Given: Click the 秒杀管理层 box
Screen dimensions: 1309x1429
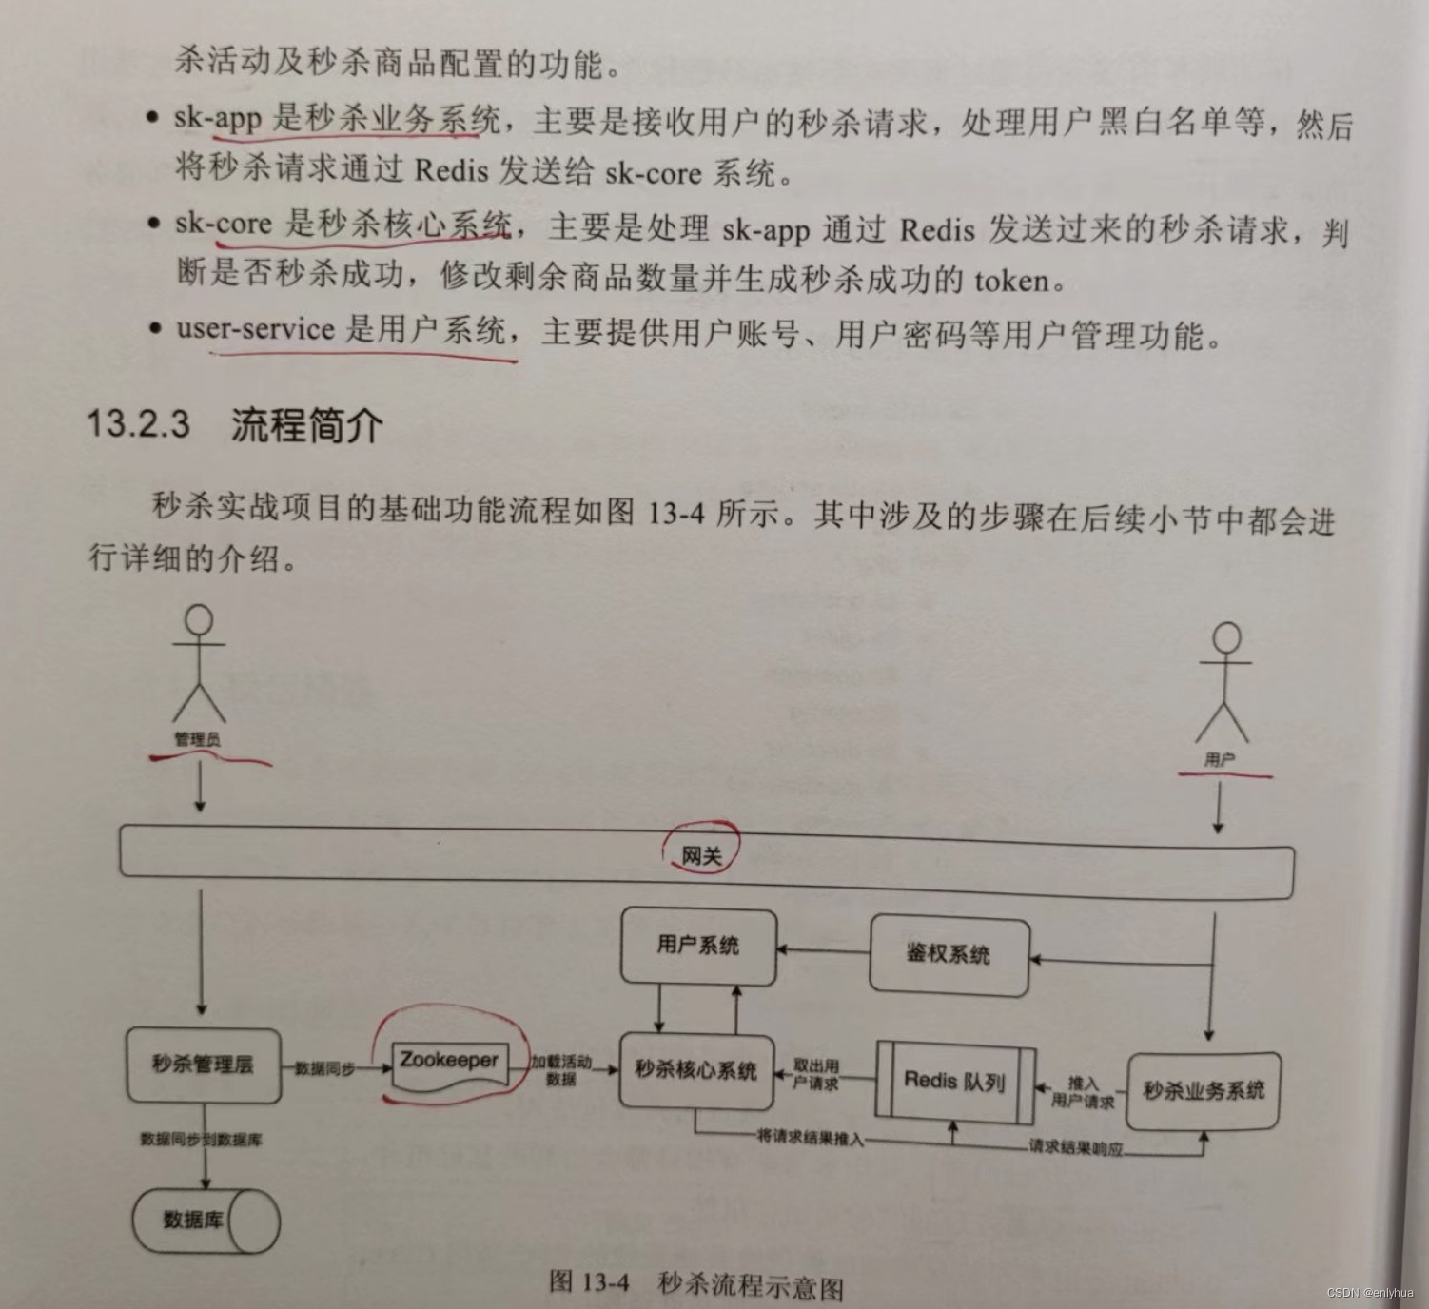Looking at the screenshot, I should [203, 1065].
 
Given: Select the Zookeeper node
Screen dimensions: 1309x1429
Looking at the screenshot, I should [449, 1060].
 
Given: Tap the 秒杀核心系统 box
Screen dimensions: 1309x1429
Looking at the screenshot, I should [695, 1071].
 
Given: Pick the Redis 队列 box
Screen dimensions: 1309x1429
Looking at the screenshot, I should [954, 1081].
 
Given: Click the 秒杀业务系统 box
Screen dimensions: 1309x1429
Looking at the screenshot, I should [1204, 1090].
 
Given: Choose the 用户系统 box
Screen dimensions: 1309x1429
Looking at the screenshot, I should [697, 945].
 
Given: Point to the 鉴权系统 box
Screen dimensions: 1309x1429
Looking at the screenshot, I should [948, 954].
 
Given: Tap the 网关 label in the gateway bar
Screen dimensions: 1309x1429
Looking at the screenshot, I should [702, 855].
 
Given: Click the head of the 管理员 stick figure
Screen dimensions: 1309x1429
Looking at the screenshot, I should [199, 620].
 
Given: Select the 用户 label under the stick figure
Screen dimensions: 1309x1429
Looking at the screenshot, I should [1220, 759].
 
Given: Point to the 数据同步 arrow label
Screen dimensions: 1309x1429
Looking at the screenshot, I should [324, 1069].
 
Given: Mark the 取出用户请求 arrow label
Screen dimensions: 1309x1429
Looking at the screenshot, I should [816, 1075].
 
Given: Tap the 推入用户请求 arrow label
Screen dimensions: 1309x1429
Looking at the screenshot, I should [1083, 1092].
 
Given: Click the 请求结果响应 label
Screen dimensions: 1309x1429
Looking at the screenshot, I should [1075, 1147].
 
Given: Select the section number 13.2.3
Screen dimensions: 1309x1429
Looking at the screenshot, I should [138, 422].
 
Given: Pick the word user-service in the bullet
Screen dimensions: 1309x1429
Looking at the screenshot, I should [255, 329].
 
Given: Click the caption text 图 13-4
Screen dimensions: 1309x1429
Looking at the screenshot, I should [589, 1281].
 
